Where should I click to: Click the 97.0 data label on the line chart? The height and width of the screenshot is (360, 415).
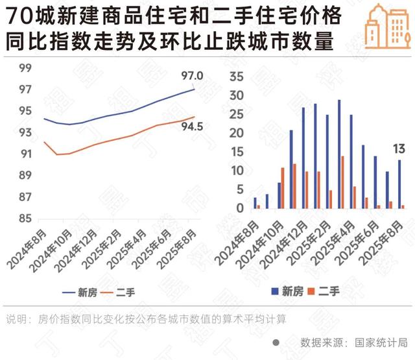[x=192, y=77]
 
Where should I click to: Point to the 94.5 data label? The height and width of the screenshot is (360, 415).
[x=192, y=126]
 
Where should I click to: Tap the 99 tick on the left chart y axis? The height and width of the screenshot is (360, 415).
[x=25, y=68]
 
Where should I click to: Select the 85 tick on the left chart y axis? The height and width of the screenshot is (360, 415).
[x=25, y=219]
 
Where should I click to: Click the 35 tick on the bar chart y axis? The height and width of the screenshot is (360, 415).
[x=236, y=77]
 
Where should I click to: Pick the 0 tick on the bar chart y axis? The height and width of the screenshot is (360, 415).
[x=240, y=208]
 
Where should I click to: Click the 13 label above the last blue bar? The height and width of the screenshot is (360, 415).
[x=399, y=150]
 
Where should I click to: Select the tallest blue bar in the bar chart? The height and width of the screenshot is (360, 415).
[x=339, y=154]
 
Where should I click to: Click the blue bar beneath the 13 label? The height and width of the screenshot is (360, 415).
[x=399, y=184]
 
